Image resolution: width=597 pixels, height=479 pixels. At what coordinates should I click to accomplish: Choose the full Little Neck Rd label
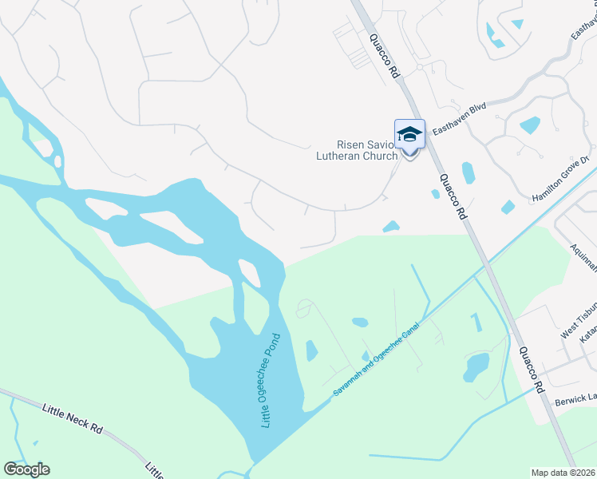click(73, 418)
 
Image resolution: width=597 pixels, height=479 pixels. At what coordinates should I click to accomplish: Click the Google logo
click(26, 469)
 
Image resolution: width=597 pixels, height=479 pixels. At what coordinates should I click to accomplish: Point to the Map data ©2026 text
click(563, 473)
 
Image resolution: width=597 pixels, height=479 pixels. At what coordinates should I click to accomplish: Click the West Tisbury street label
click(578, 319)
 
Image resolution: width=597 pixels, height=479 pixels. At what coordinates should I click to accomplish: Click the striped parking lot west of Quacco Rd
click(352, 43)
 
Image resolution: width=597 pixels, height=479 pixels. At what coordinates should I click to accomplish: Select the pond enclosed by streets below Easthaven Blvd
click(530, 125)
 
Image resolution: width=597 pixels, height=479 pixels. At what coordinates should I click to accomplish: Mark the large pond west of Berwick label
click(476, 365)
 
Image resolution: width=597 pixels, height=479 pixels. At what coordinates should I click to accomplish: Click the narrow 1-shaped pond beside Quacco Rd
click(477, 322)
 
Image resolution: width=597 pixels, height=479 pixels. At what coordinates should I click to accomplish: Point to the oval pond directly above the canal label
click(360, 323)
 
